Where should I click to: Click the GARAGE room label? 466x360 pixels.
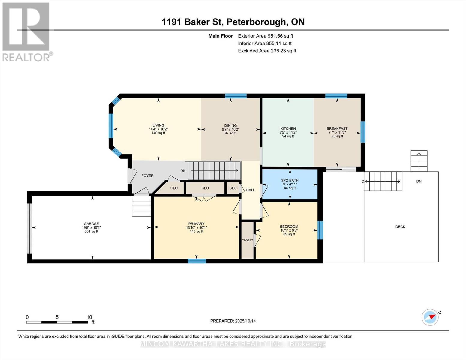pyautogui.click(x=91, y=223)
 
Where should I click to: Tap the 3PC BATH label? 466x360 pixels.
pyautogui.click(x=290, y=180)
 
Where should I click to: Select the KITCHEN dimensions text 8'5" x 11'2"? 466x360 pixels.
pyautogui.click(x=288, y=133)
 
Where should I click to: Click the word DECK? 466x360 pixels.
pyautogui.click(x=400, y=226)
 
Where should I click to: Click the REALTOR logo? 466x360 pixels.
pyautogui.click(x=26, y=32)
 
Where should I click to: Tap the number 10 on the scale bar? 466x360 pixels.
pyautogui.click(x=89, y=317)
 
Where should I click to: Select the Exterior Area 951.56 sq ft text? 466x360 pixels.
pyautogui.click(x=266, y=36)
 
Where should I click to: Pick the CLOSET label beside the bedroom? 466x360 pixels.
pyautogui.click(x=247, y=240)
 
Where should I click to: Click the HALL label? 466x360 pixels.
pyautogui.click(x=250, y=190)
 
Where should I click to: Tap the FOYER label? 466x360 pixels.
pyautogui.click(x=147, y=175)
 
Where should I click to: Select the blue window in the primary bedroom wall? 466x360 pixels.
pyautogui.click(x=197, y=261)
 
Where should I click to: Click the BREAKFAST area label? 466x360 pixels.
pyautogui.click(x=337, y=128)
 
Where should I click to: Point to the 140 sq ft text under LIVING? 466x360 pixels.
pyautogui.click(x=158, y=133)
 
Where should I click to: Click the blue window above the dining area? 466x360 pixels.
pyautogui.click(x=236, y=96)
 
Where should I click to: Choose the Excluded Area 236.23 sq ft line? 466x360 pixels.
pyautogui.click(x=267, y=51)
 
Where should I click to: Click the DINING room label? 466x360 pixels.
pyautogui.click(x=230, y=125)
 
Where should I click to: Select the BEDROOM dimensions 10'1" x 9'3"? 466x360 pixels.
pyautogui.click(x=289, y=230)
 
